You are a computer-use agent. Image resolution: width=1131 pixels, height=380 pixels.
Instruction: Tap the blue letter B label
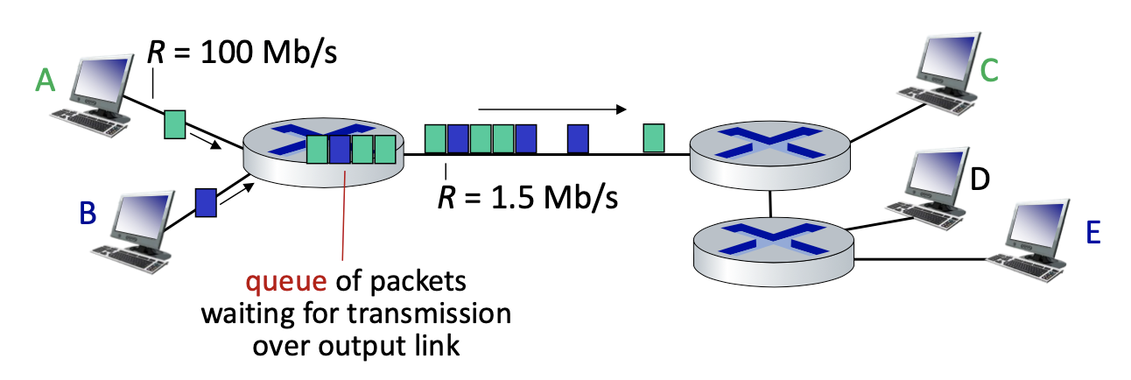(x=88, y=213)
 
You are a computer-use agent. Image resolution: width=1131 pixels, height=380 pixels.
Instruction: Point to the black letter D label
(x=980, y=179)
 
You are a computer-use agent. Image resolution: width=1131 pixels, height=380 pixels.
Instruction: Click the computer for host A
(x=101, y=93)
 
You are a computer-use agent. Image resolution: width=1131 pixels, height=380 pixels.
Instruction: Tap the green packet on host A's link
(x=175, y=123)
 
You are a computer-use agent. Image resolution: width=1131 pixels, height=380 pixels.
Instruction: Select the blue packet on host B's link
(x=206, y=202)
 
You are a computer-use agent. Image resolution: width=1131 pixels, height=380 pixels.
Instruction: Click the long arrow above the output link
(x=551, y=109)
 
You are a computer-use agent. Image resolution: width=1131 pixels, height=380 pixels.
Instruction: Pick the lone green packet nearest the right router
(x=653, y=138)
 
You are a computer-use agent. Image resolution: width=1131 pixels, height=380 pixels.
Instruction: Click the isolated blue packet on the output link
(x=577, y=138)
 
